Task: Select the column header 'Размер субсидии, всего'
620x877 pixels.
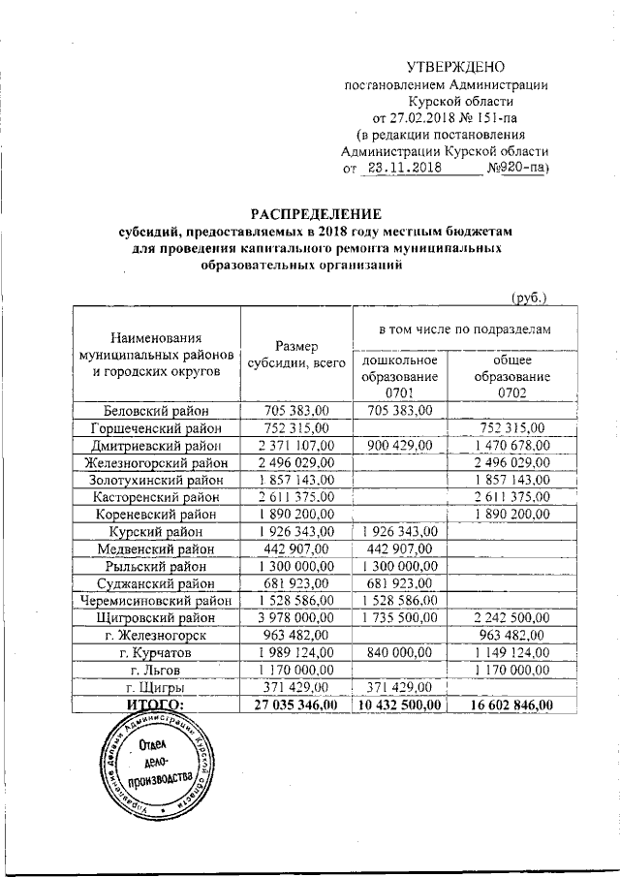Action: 295,355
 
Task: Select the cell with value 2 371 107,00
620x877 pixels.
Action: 295,445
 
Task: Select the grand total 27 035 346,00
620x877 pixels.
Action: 295,705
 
